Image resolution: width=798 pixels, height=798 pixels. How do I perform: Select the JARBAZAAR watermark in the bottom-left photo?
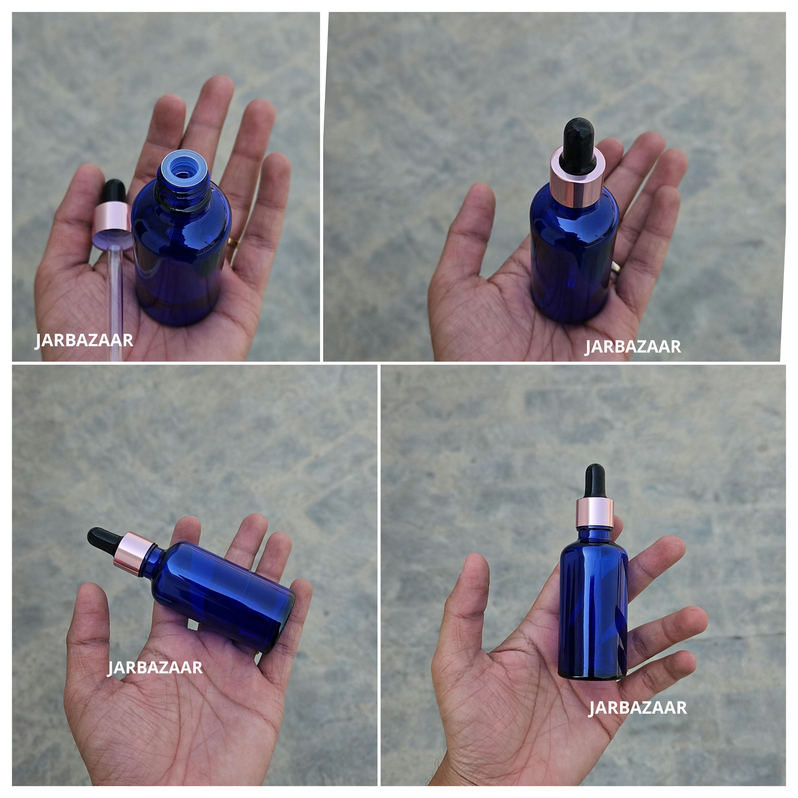[x=155, y=667]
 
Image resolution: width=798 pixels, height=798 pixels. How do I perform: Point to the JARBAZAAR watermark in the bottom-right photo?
[x=637, y=708]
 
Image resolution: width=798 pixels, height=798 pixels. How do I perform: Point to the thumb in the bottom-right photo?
[x=475, y=595]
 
